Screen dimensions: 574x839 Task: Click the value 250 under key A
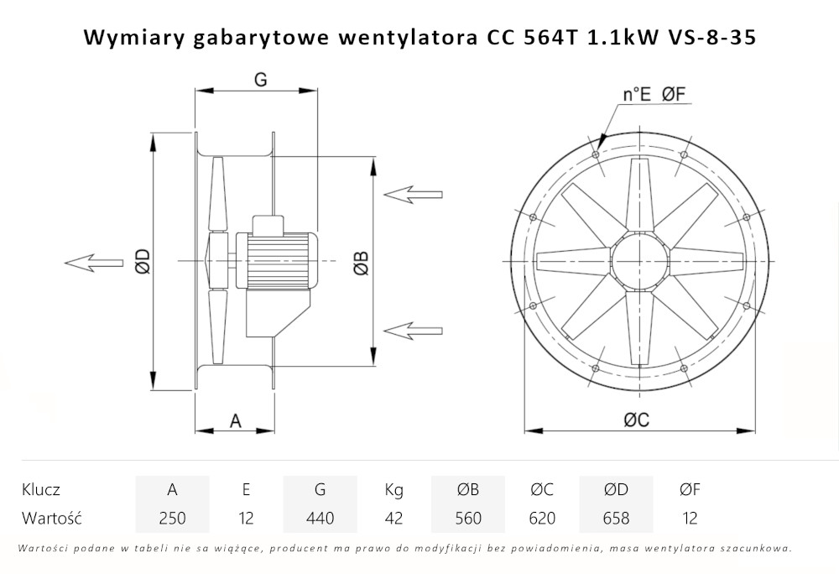[172, 518]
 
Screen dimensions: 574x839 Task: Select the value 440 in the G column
[320, 518]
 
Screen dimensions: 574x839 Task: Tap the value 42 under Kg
[393, 518]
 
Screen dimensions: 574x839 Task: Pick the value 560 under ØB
[467, 518]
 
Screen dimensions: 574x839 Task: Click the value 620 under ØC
[542, 518]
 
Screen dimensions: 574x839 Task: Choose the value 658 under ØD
[616, 518]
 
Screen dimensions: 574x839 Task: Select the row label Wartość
[51, 518]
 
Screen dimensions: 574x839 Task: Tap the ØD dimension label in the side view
[142, 262]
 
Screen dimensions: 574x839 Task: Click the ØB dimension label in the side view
[360, 262]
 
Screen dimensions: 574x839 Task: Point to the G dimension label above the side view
[260, 79]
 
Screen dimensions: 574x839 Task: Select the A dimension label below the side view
[236, 421]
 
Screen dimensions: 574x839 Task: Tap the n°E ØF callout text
[655, 95]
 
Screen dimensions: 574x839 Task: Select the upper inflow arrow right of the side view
[412, 194]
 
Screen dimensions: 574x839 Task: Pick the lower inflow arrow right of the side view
[412, 328]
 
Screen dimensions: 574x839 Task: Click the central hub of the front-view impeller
[639, 259]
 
